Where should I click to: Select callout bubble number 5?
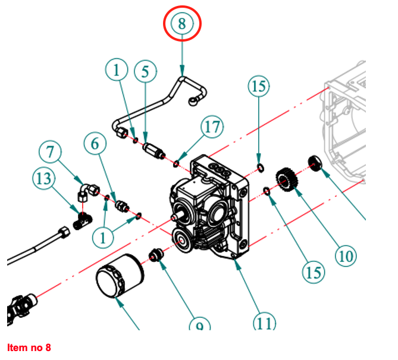pyautogui.click(x=145, y=71)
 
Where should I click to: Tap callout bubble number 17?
pyautogui.click(x=212, y=127)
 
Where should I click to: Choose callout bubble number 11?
pyautogui.click(x=265, y=323)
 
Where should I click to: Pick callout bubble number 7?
pyautogui.click(x=51, y=152)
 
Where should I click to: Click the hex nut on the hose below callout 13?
pyautogui.click(x=62, y=231)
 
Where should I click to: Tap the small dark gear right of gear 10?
pyautogui.click(x=315, y=162)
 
